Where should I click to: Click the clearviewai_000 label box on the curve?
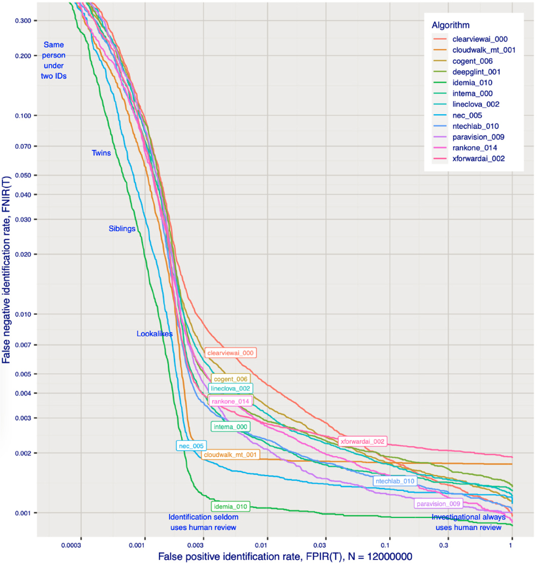(231, 353)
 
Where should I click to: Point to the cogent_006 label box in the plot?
(231, 379)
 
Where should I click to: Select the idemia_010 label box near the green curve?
(230, 506)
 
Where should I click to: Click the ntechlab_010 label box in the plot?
(395, 481)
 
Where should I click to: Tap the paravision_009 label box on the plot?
(438, 504)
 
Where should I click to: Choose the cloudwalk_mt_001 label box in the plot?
(231, 455)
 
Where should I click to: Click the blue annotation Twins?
(101, 152)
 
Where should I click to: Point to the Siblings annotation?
(122, 229)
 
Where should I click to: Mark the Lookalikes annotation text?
(155, 334)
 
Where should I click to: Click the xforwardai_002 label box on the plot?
(363, 442)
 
